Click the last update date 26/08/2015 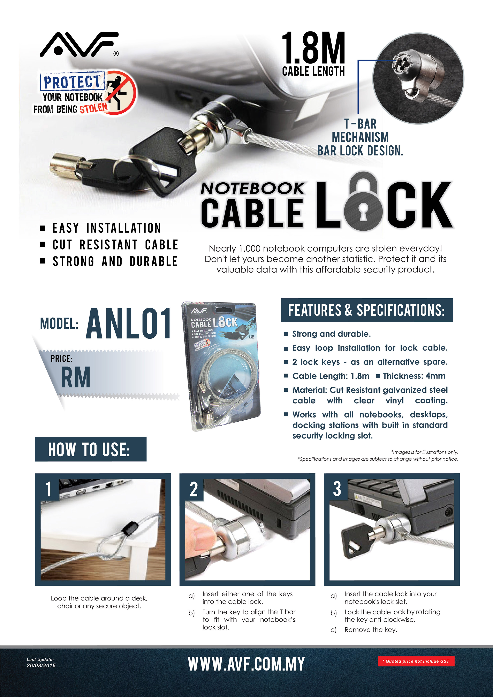click(41, 665)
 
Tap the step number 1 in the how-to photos click(48, 489)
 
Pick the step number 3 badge click(337, 489)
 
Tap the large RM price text click(76, 377)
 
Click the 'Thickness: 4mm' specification click(414, 376)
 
